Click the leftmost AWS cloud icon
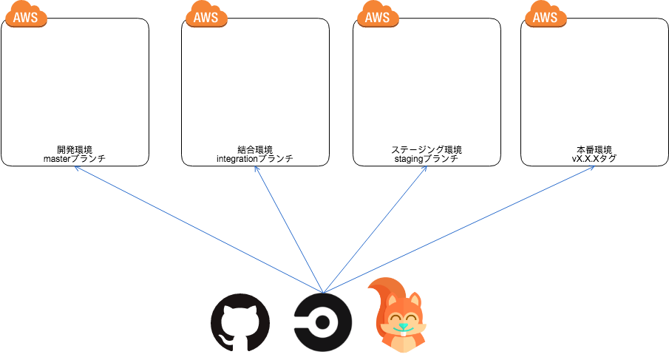pyautogui.click(x=26, y=15)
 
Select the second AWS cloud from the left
pyautogui.click(x=206, y=15)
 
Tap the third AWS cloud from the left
pyautogui.click(x=378, y=15)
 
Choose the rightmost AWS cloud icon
pyautogui.click(x=546, y=15)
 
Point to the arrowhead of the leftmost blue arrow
pyautogui.click(x=75, y=166)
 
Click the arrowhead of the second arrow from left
pyautogui.click(x=255, y=166)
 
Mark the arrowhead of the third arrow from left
pyautogui.click(x=427, y=166)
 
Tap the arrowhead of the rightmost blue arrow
pyautogui.click(x=594, y=166)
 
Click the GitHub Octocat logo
pyautogui.click(x=240, y=323)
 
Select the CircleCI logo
pyautogui.click(x=323, y=323)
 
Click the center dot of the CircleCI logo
pyautogui.click(x=323, y=323)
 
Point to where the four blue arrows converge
pyautogui.click(x=323, y=292)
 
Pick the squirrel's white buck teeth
pyautogui.click(x=403, y=333)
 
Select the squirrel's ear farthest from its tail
pyautogui.click(x=415, y=299)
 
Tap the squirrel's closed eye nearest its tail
pyautogui.click(x=394, y=319)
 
